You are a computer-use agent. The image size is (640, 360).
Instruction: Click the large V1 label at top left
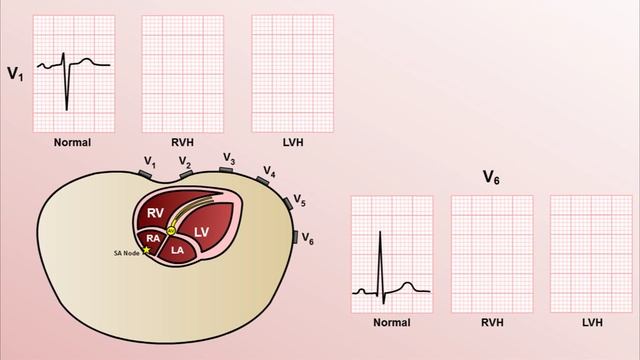tap(15, 73)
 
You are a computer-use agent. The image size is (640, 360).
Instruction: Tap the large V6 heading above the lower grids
tap(490, 177)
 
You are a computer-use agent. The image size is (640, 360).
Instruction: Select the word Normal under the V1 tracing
tap(73, 142)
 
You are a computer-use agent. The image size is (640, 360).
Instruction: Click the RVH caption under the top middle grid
tap(182, 142)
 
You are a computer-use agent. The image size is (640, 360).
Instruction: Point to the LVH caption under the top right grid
tap(292, 142)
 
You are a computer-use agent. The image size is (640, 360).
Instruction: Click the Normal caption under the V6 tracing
tap(391, 323)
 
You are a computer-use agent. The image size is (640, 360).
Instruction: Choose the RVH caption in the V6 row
tap(491, 323)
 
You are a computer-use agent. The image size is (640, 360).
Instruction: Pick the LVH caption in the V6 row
tap(591, 323)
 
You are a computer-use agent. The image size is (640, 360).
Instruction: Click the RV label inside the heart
tap(155, 213)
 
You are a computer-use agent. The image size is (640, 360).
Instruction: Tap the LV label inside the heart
tap(202, 231)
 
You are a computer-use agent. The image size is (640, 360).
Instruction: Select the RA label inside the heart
tap(153, 238)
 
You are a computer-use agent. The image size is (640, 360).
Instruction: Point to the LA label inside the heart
tap(177, 250)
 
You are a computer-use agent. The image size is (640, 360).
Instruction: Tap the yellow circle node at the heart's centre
tap(171, 230)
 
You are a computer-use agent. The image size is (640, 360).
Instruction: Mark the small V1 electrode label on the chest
tap(150, 160)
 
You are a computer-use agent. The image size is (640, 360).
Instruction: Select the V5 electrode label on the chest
tap(300, 202)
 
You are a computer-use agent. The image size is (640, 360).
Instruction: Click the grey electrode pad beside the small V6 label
tap(295, 238)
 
